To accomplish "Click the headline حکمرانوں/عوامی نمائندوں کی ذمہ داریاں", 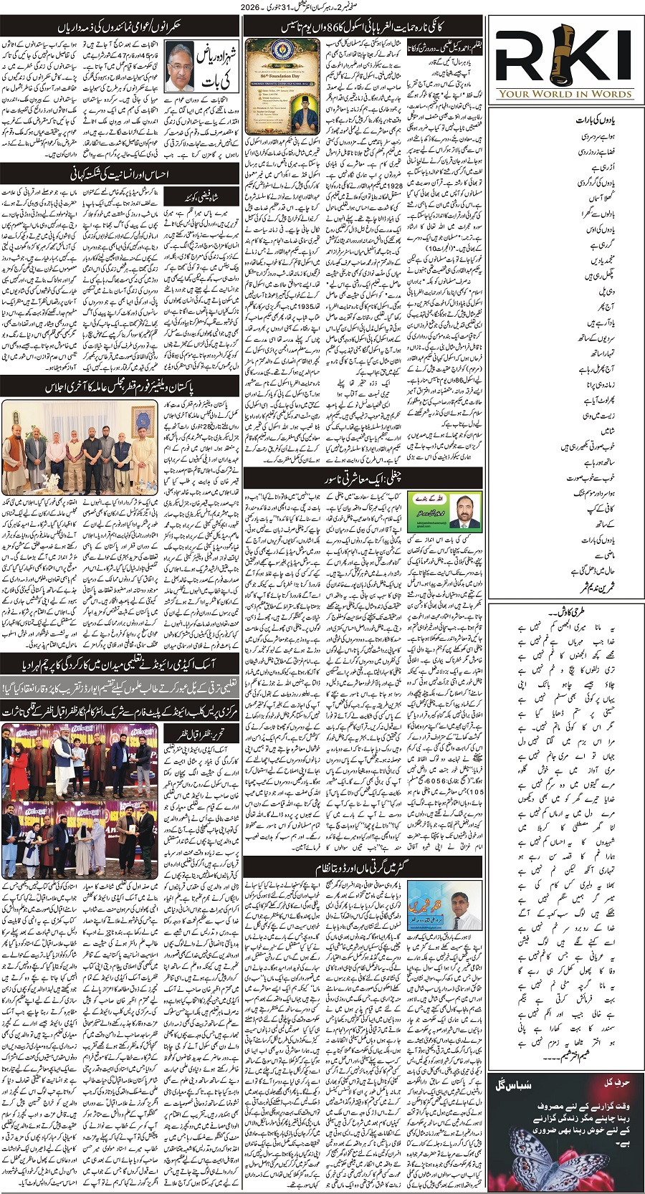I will coord(120,26).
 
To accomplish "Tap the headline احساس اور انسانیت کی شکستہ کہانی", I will coord(120,174).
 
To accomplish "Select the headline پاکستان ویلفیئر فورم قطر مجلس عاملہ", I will coord(120,386).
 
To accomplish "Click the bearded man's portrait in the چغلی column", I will coord(465,510).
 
